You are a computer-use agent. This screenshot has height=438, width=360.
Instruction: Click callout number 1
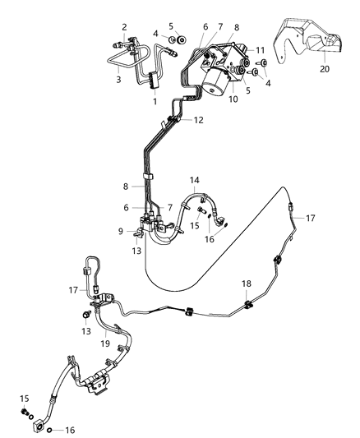[154, 101]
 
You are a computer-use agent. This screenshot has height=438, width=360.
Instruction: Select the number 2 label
[123, 27]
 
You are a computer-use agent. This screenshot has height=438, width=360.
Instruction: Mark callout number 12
[197, 120]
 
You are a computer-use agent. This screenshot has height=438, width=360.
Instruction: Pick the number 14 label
[194, 179]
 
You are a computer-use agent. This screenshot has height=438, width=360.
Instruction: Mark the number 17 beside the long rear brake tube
[333, 218]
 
